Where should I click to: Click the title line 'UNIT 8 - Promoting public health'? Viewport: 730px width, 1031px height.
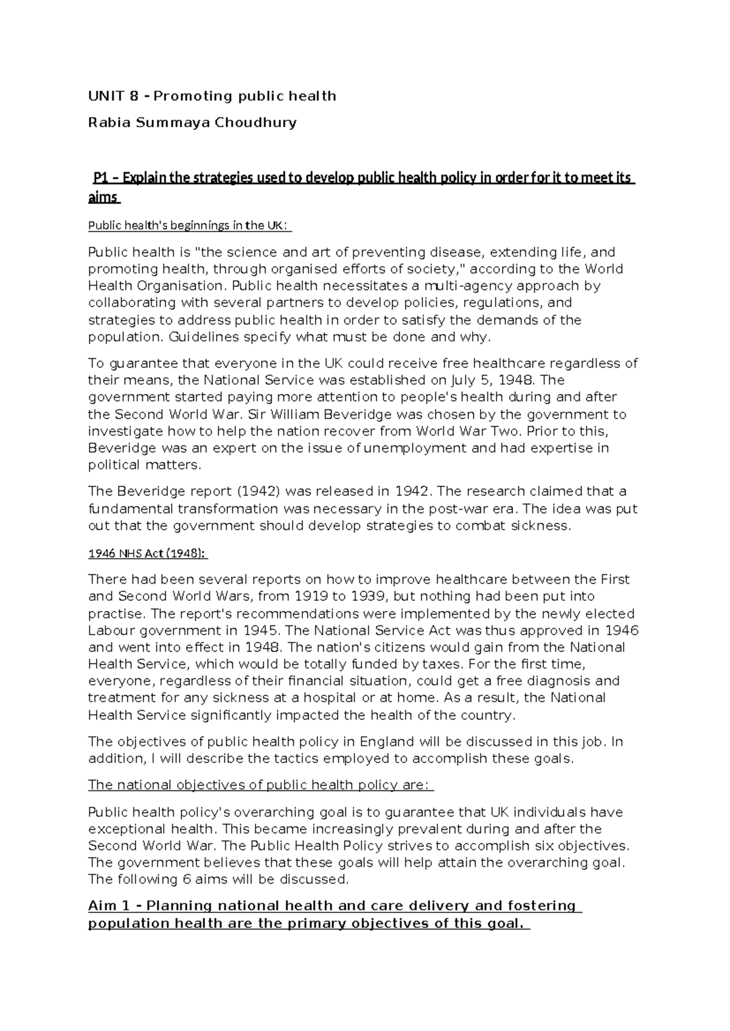click(x=212, y=96)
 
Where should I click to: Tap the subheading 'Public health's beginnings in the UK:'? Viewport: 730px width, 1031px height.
click(x=190, y=226)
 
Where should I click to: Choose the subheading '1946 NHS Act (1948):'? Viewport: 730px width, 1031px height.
click(x=148, y=554)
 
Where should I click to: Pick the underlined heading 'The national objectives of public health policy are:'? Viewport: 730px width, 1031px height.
click(x=260, y=785)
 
